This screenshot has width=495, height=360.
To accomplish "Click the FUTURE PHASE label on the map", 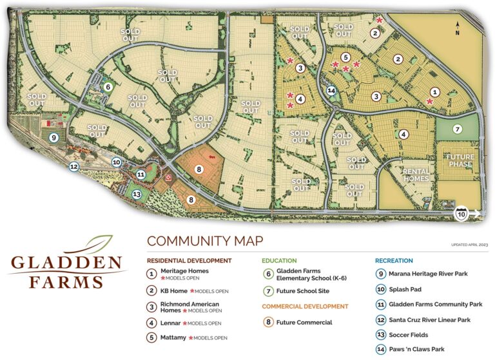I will tap(460, 160).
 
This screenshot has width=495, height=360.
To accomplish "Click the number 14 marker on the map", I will tap(331, 91).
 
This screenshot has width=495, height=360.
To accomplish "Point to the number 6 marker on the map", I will tap(108, 86).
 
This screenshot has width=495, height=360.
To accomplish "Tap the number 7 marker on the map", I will tap(457, 129).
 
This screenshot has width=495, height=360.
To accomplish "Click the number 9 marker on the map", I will tap(53, 137).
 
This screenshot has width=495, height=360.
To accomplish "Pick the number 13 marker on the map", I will tap(136, 194).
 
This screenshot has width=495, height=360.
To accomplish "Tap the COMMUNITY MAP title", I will tap(205, 242).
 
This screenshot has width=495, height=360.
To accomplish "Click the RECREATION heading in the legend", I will tap(394, 261).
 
